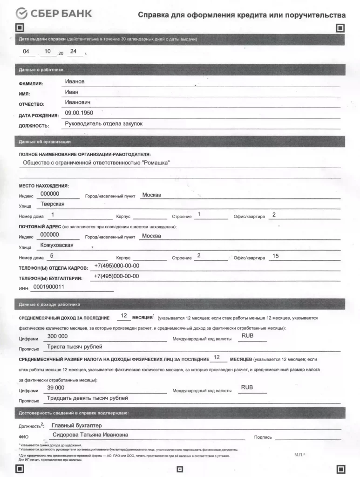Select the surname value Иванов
pos(75,82)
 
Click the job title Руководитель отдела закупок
pos(103,123)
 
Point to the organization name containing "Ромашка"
pos(96,163)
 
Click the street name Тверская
pos(52,204)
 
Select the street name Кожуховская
pos(57,245)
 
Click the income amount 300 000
pos(57,336)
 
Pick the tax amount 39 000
pos(56,388)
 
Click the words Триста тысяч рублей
pos(75,347)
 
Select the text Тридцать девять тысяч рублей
pos(88,398)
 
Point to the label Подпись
pos(263,437)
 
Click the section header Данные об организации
pos(45,142)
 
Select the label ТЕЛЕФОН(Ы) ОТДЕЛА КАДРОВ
pos(53,269)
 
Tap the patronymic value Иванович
pos(77,102)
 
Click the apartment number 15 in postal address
pos(275,256)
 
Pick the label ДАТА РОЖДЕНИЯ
pos(39,116)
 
